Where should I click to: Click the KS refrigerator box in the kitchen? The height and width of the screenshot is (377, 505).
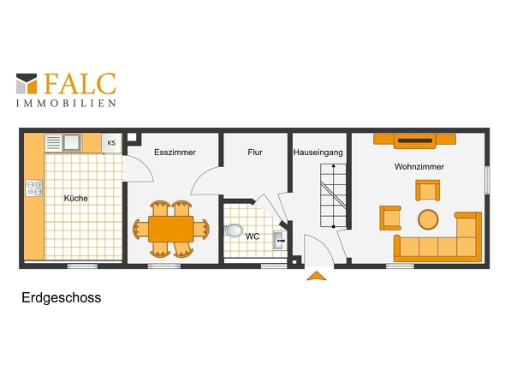point(111,143)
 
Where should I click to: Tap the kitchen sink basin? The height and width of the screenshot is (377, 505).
point(72,142)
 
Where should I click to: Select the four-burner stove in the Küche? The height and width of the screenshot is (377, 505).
point(34,188)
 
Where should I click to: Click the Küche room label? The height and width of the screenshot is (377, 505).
point(75,198)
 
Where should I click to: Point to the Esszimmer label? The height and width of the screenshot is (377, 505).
point(175,153)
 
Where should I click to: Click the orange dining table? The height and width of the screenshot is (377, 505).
point(170,229)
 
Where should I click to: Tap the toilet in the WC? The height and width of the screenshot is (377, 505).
point(234,230)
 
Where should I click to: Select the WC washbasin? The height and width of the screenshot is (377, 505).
point(279,240)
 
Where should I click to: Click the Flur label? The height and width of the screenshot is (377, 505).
point(255,153)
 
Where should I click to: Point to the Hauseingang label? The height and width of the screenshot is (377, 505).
point(318,153)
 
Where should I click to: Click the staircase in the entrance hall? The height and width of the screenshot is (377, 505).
point(333,195)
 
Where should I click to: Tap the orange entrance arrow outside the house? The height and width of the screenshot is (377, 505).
point(317,276)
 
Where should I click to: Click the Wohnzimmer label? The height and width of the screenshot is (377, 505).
point(419,167)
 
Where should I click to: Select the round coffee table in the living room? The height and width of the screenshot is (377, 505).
point(428,219)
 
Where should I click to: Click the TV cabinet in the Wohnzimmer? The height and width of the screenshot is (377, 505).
point(415,141)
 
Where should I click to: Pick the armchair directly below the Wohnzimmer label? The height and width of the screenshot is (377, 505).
point(428,190)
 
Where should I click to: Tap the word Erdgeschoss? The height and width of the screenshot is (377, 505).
point(61,297)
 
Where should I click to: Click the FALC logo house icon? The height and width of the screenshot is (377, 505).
point(27,83)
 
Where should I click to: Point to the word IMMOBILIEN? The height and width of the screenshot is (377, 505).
point(66,103)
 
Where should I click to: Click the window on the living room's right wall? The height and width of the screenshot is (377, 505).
point(487,180)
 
